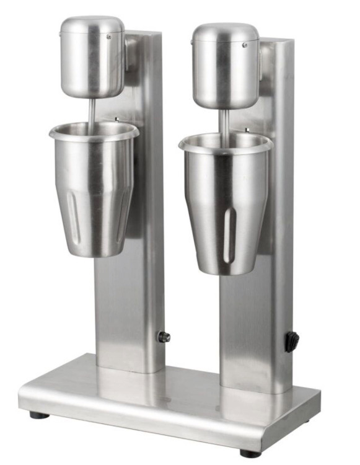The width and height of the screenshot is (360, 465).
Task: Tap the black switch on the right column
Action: pyautogui.click(x=291, y=340)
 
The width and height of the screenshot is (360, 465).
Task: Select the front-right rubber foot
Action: pyautogui.click(x=250, y=453)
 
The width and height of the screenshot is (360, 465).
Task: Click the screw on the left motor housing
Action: pyautogui.click(x=110, y=37)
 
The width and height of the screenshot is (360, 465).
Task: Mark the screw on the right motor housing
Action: pyautogui.click(x=245, y=45)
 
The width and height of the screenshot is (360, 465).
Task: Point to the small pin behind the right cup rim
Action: pyautogui.click(x=247, y=130)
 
